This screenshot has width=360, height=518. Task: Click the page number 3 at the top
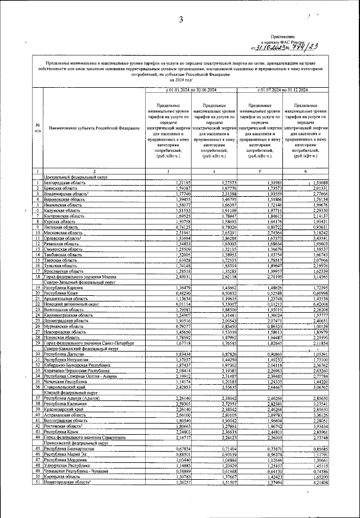coord(181,21)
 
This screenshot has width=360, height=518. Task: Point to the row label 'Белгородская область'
coord(65,183)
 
